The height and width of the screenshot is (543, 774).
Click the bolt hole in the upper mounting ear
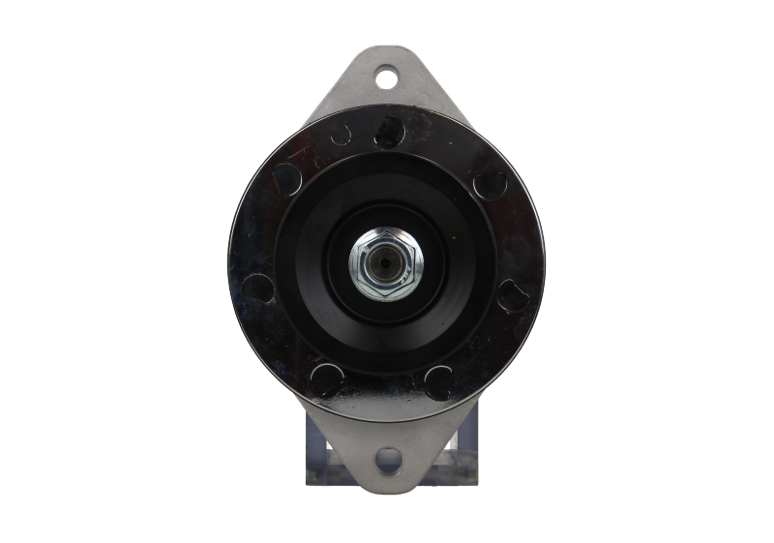click(x=387, y=74)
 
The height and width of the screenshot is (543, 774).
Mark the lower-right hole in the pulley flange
click(x=440, y=377)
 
